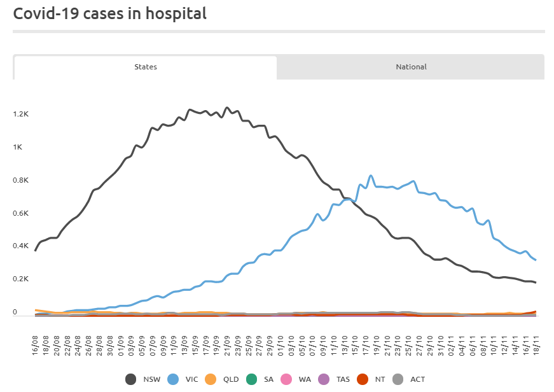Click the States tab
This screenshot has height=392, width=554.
pyautogui.click(x=145, y=67)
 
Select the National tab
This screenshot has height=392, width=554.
pyautogui.click(x=411, y=67)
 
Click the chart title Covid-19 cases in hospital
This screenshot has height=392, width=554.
pyautogui.click(x=110, y=14)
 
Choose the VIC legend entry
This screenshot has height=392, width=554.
pyautogui.click(x=183, y=379)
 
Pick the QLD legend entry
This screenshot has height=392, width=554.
pyautogui.click(x=224, y=379)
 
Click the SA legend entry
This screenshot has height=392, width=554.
pyautogui.click(x=261, y=379)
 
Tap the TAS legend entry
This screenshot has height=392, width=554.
pyautogui.click(x=336, y=379)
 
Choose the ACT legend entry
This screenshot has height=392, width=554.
pyautogui.click(x=410, y=379)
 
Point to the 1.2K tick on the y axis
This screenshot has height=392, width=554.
pyautogui.click(x=21, y=115)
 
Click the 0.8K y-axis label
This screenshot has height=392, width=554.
pyautogui.click(x=21, y=181)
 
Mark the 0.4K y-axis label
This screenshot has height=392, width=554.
pyautogui.click(x=21, y=246)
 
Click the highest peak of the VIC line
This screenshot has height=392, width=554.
pyautogui.click(x=371, y=176)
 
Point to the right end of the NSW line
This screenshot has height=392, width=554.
pyautogui.click(x=536, y=283)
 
